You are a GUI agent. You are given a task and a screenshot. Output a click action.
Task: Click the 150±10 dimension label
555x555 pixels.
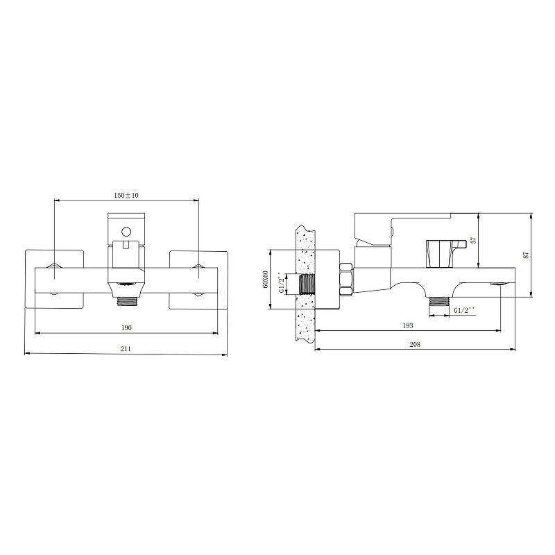click(126, 195)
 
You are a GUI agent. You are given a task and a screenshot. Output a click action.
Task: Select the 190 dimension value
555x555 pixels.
click(126, 327)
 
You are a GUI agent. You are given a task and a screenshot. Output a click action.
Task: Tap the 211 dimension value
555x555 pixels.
click(126, 349)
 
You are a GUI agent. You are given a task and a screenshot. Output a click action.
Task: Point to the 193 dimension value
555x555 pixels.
click(408, 325)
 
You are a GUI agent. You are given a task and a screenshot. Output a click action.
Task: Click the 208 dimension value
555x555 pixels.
click(415, 344)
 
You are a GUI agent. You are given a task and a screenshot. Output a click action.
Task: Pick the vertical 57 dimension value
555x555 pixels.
click(474, 240)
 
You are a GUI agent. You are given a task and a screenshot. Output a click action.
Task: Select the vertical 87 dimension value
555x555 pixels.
click(526, 255)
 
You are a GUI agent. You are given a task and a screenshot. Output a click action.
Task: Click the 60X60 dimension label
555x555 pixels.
click(266, 280)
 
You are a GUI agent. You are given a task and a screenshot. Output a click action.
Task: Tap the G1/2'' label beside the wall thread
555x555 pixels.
click(282, 283)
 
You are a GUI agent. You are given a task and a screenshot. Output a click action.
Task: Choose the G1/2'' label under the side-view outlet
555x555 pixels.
click(464, 310)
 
